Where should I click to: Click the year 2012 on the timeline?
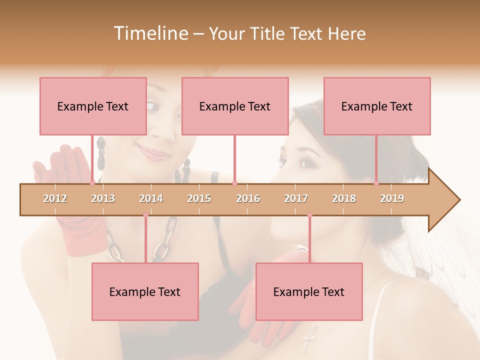click(55, 198)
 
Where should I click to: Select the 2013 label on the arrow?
click(103, 198)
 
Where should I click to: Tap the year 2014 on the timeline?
click(151, 198)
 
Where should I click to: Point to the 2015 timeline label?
click(199, 198)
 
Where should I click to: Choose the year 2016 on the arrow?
click(248, 198)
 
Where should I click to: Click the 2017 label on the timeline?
click(296, 198)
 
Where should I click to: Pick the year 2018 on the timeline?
click(344, 198)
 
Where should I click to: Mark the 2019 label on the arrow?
click(392, 198)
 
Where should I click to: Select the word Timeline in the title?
click(150, 33)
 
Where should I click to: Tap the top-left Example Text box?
click(93, 106)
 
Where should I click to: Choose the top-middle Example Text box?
click(235, 106)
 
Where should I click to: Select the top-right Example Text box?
click(377, 106)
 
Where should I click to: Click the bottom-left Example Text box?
click(145, 291)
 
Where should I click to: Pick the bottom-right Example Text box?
click(309, 291)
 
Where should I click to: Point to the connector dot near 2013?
click(92, 183)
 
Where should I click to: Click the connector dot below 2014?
click(145, 215)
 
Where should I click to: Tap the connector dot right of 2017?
click(309, 215)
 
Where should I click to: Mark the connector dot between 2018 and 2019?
click(376, 183)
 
